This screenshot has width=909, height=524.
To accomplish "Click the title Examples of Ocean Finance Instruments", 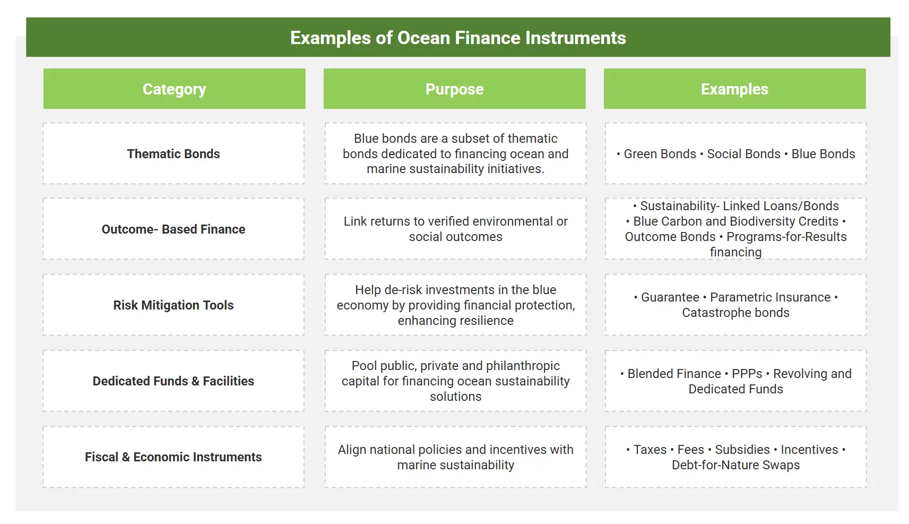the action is coord(458,38).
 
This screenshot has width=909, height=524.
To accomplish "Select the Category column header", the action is coord(175,89).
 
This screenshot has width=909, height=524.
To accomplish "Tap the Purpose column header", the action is coord(454,89).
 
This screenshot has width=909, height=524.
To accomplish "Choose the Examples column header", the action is coord(734,89).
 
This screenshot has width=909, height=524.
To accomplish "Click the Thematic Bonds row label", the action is coord(174,154).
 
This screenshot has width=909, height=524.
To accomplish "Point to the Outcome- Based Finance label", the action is coord(174,229).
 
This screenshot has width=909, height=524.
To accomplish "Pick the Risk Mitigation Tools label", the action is coord(174,305).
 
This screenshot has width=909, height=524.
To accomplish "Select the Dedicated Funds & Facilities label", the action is coord(174,381).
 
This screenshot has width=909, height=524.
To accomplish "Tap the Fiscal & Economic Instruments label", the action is coord(174,457).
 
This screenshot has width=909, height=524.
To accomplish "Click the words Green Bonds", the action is coord(660,154).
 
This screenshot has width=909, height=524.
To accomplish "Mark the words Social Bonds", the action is coord(743,154).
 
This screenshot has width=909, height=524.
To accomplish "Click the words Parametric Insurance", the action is coord(770,297).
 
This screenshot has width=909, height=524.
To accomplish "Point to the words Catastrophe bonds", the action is coord(735,313).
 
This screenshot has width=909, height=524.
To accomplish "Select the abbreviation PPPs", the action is coord(747,373).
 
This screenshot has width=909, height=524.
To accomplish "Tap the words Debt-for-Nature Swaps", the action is coord(735,465).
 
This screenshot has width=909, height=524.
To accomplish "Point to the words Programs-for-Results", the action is coord(786,237).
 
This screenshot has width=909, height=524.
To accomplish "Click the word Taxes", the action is coord(650,449).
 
